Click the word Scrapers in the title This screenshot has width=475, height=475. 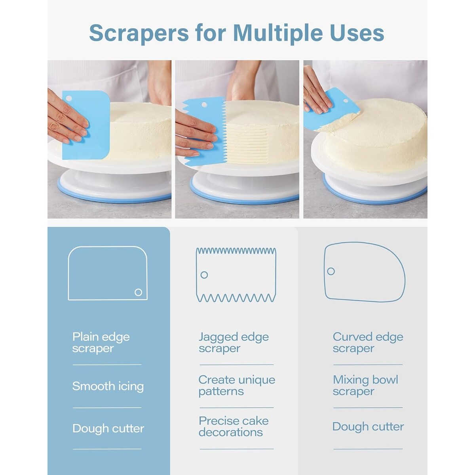pos(139,33)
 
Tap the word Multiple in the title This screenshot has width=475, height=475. pos(278,33)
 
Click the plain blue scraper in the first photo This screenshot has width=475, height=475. pos(86,125)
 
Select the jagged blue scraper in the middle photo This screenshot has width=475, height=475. pos(205,131)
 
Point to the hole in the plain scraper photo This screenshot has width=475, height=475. pos(69,98)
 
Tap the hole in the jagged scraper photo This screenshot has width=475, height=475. pos(204,104)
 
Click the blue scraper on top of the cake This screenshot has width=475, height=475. pos(332,110)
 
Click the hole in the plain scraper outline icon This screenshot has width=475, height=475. pos(138,293)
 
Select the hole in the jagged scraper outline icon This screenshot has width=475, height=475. pos(204,275)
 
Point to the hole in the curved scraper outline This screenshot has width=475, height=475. pos(331,272)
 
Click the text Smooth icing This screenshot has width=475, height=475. pos(108,386)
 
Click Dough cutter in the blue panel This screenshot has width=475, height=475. pos(108,428)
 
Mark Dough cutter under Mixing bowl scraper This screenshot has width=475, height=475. pos(368,427)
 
